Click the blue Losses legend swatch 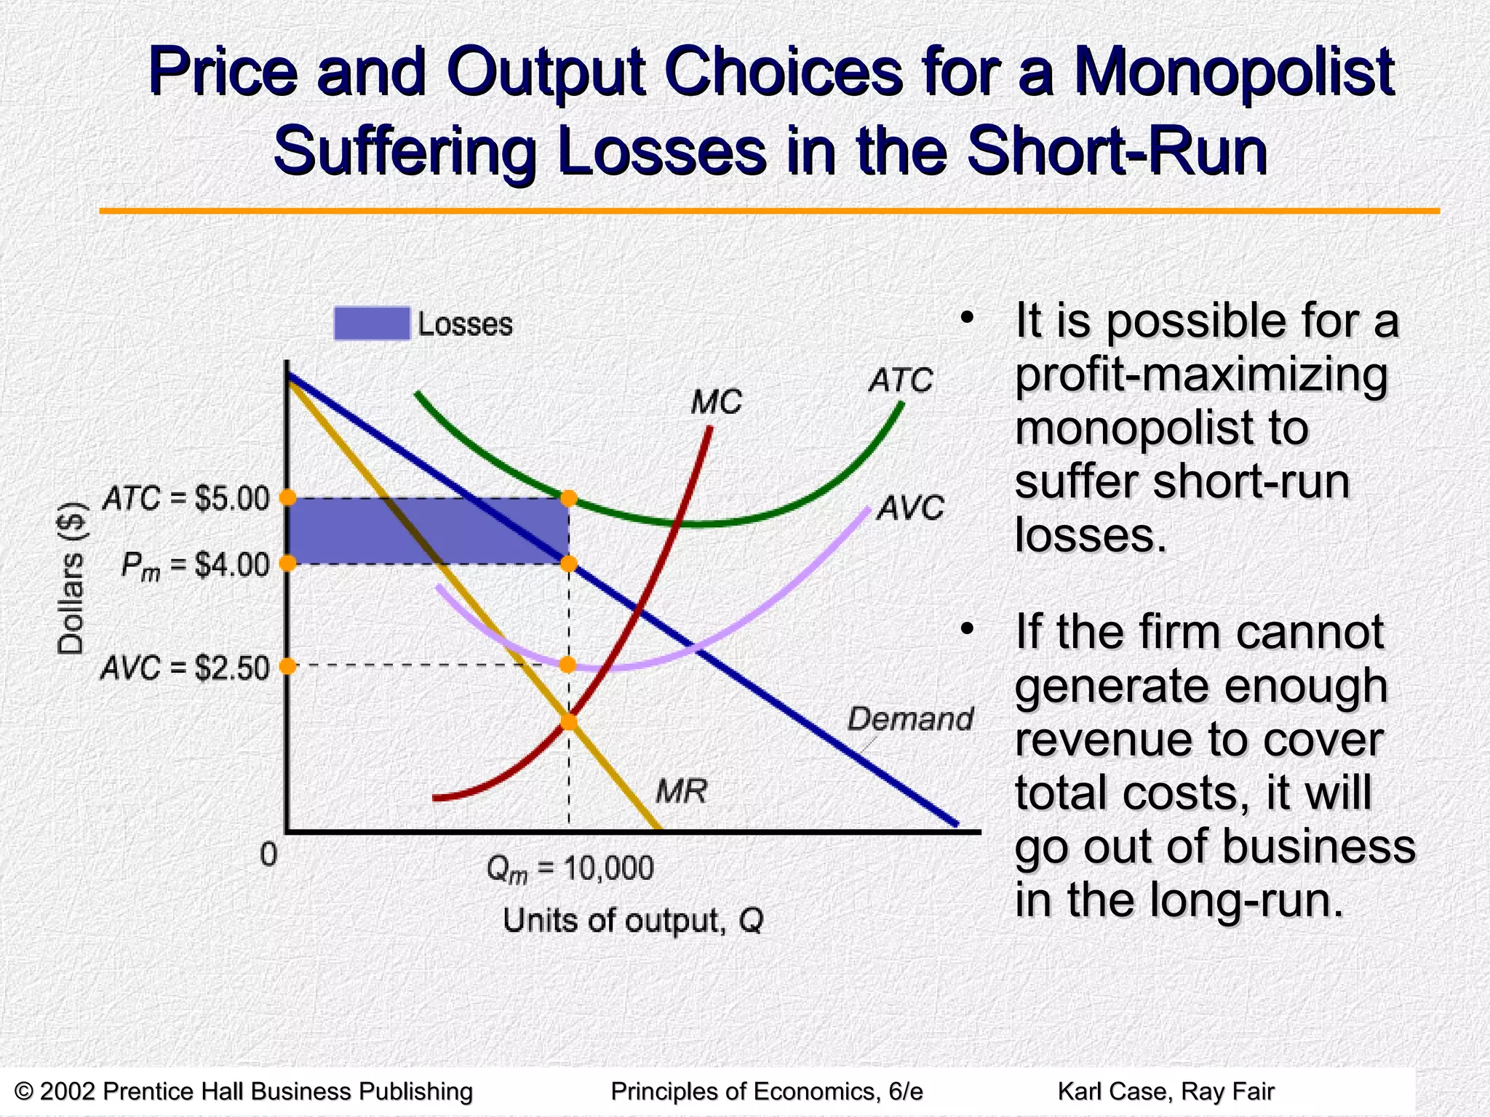pyautogui.click(x=372, y=324)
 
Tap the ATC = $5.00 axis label pyautogui.click(x=186, y=499)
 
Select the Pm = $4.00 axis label pyautogui.click(x=195, y=565)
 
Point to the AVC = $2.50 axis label pyautogui.click(x=185, y=668)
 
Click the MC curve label pyautogui.click(x=716, y=402)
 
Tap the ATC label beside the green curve pyautogui.click(x=900, y=380)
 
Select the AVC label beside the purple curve pyautogui.click(x=910, y=508)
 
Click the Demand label pyautogui.click(x=910, y=719)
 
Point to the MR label pyautogui.click(x=681, y=791)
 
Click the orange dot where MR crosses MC pyautogui.click(x=569, y=722)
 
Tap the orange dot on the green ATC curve pyautogui.click(x=569, y=498)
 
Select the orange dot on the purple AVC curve pyautogui.click(x=568, y=665)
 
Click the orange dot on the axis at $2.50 pyautogui.click(x=288, y=665)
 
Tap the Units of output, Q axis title pyautogui.click(x=633, y=921)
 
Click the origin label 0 pyautogui.click(x=268, y=854)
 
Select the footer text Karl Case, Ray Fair pyautogui.click(x=1166, y=1092)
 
